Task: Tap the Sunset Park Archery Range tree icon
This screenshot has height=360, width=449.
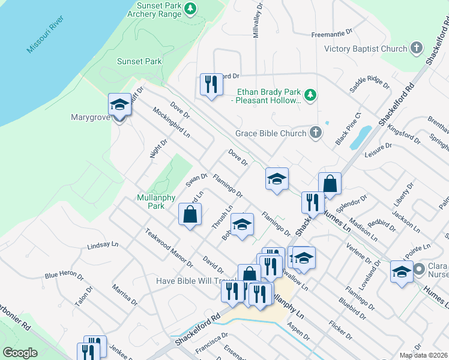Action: click(190, 8)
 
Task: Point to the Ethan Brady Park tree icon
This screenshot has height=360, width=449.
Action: click(310, 95)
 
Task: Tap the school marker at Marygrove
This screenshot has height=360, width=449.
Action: click(119, 106)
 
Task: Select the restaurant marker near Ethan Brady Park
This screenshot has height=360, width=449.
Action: click(210, 85)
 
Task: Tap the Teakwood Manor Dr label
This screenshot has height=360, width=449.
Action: click(168, 248)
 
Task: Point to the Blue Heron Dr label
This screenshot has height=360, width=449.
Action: click(64, 275)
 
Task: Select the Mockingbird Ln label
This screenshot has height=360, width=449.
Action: click(171, 123)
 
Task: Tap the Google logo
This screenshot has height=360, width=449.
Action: click(20, 353)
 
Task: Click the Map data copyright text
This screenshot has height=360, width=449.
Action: click(423, 355)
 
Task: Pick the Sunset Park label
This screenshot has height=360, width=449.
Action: click(139, 61)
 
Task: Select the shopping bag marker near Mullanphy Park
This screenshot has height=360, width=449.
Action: click(190, 215)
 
